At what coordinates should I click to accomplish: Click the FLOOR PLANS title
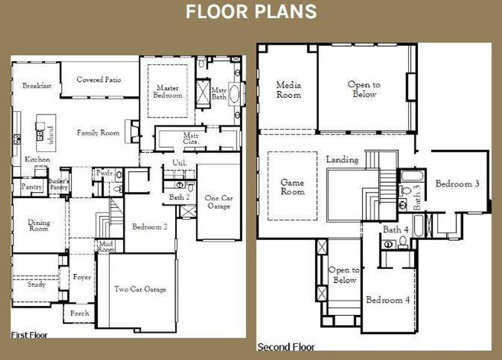pyautogui.click(x=250, y=11)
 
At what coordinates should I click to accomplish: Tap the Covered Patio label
pyautogui.click(x=99, y=80)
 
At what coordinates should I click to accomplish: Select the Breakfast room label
pyautogui.click(x=37, y=86)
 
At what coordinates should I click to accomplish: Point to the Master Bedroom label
pyautogui.click(x=168, y=91)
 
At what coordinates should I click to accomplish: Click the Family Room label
pyautogui.click(x=98, y=133)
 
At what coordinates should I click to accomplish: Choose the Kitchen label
pyautogui.click(x=37, y=160)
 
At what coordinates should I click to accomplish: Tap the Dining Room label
pyautogui.click(x=39, y=226)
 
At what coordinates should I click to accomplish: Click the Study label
pyautogui.click(x=36, y=284)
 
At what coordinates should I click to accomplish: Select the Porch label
pyautogui.click(x=79, y=313)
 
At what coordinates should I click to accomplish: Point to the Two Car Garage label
pyautogui.click(x=140, y=289)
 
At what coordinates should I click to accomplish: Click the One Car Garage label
pyautogui.click(x=219, y=202)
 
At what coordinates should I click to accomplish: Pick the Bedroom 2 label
pyautogui.click(x=150, y=227)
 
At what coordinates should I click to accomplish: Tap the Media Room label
pyautogui.click(x=289, y=90)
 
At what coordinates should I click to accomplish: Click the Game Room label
pyautogui.click(x=292, y=187)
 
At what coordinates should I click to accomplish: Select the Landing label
pyautogui.click(x=342, y=160)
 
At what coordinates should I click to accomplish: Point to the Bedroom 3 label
pyautogui.click(x=457, y=184)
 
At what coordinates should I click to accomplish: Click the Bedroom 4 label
pyautogui.click(x=388, y=300)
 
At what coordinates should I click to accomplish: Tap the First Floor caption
pyautogui.click(x=29, y=335)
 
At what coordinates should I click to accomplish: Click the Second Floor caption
pyautogui.click(x=286, y=347)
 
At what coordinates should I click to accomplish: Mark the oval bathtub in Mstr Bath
pyautogui.click(x=234, y=96)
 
